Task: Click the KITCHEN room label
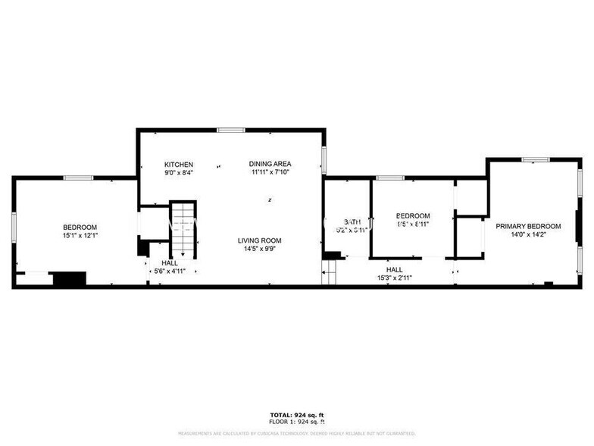pyautogui.click(x=180, y=164)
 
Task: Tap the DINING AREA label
pyautogui.click(x=270, y=164)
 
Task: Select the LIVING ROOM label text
pyautogui.click(x=260, y=240)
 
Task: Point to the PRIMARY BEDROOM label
pyautogui.click(x=528, y=226)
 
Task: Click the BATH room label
pyautogui.click(x=346, y=222)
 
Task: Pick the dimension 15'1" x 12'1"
pyautogui.click(x=80, y=235)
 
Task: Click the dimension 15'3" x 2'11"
pyautogui.click(x=394, y=278)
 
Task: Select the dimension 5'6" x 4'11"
pyautogui.click(x=170, y=271)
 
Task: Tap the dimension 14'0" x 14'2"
pyautogui.click(x=528, y=234)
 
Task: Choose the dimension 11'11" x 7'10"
pyautogui.click(x=270, y=172)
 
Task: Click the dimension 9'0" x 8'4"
pyautogui.click(x=180, y=172)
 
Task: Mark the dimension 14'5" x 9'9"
pyautogui.click(x=260, y=249)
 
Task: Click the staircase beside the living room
pyautogui.click(x=183, y=231)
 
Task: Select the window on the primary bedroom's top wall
pyautogui.click(x=535, y=159)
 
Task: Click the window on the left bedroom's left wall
pyautogui.click(x=14, y=228)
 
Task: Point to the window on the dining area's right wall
pyautogui.click(x=324, y=160)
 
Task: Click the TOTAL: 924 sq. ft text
pyautogui.click(x=296, y=415)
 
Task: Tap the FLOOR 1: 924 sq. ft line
pyautogui.click(x=296, y=421)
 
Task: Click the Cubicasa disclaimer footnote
pyautogui.click(x=296, y=434)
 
